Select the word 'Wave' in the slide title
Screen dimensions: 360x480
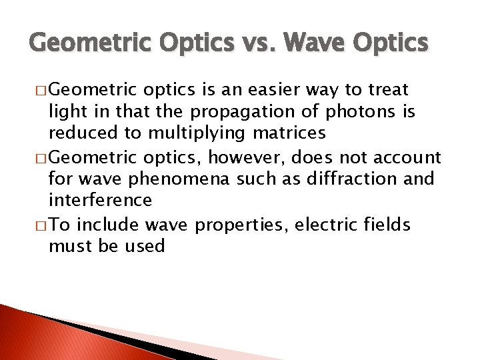click(313, 43)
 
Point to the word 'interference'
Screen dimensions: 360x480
click(100, 200)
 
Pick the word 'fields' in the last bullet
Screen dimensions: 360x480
click(387, 224)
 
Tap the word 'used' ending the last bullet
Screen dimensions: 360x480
click(145, 246)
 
